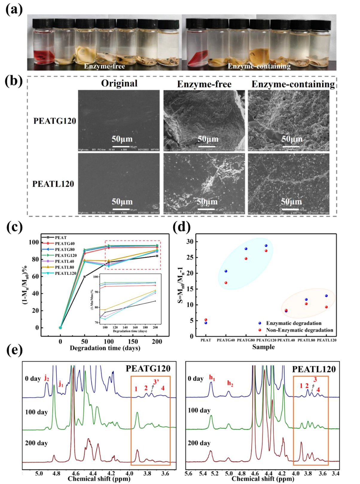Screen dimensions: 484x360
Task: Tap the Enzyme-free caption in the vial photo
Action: point(104,66)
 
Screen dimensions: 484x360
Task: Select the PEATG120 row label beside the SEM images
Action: point(55,121)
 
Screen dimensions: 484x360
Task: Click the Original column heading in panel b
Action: point(119,83)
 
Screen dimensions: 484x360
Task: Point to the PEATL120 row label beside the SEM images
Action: point(53,184)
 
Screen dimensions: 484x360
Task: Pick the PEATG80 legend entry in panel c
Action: point(65,249)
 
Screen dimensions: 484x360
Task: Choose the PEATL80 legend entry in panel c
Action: point(65,267)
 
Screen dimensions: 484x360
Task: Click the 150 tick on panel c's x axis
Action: point(133,341)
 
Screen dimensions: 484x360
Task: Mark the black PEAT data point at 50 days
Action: point(85,277)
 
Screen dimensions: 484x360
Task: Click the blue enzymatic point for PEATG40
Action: point(226,271)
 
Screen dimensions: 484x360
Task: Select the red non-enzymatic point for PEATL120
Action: point(326,307)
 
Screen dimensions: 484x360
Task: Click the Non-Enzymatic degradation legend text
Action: point(299,330)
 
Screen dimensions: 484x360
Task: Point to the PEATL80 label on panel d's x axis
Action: point(306,340)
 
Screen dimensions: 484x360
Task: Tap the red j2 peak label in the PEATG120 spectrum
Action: point(47,378)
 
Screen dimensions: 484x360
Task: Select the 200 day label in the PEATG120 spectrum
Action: point(36,443)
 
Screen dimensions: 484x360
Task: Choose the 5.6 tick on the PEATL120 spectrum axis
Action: point(188,474)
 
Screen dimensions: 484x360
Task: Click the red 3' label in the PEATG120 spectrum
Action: point(156,382)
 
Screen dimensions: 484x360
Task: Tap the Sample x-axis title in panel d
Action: point(263,347)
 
